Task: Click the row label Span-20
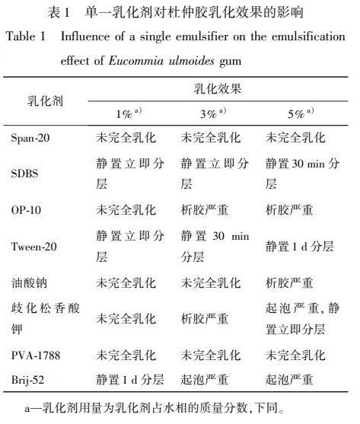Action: click(32, 139)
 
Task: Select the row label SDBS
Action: click(26, 173)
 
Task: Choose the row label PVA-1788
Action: click(35, 355)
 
